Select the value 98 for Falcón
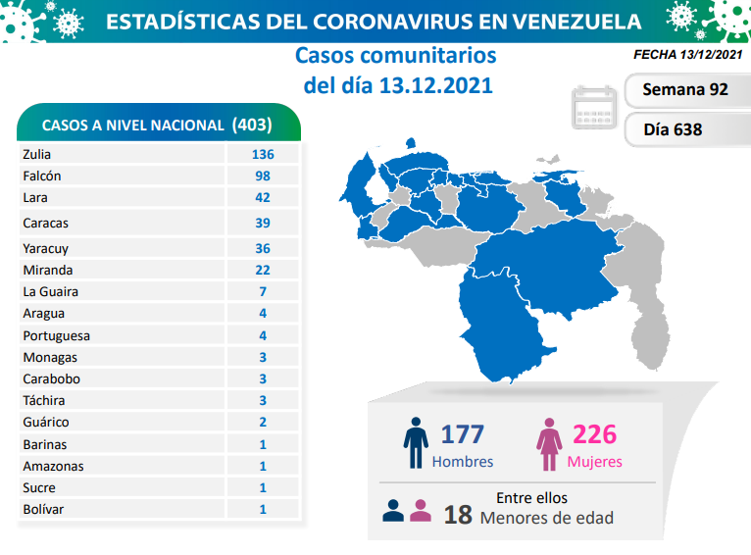262,176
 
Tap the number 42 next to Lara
262,197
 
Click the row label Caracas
45,223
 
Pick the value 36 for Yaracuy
262,248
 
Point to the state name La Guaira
50,291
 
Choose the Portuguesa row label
55,335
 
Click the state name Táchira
44,400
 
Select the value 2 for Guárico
262,422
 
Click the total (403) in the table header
252,126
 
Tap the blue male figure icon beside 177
417,444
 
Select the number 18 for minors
457,513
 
